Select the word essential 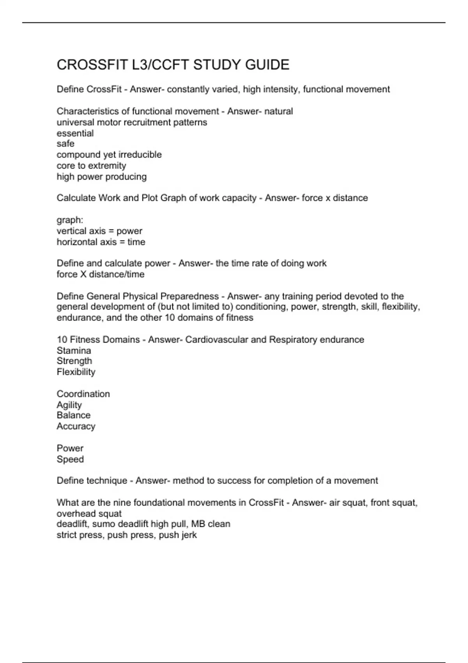coord(75,133)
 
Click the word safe coord(66,144)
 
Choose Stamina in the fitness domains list coord(74,351)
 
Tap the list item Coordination coord(83,394)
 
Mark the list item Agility coord(69,405)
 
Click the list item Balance coord(73,415)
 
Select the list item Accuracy coord(76,426)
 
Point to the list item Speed coord(70,459)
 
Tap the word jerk coord(189,535)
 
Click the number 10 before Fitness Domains coord(62,340)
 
